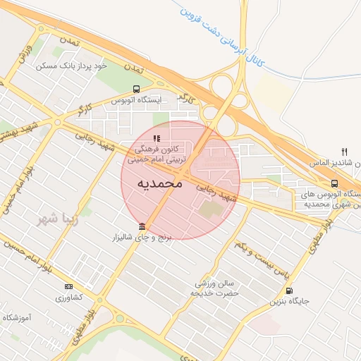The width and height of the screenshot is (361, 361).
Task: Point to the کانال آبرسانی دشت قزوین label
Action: [x=218, y=35]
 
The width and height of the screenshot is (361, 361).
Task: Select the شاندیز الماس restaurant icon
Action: [x=344, y=151]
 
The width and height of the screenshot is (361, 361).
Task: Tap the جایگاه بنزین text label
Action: [x=289, y=301]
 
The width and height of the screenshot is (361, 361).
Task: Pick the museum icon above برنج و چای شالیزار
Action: [x=143, y=226]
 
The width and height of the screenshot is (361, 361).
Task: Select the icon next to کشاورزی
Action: [x=68, y=286]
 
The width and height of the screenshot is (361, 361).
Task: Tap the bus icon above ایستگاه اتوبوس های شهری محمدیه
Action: [x=334, y=183]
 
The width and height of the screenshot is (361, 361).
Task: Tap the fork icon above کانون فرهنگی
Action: [x=157, y=138]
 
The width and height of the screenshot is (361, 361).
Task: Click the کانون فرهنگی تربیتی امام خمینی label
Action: [x=157, y=154]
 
